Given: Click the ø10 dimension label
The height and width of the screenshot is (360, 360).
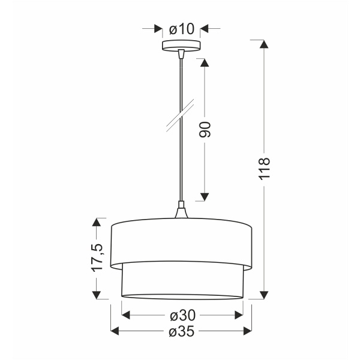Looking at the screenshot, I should click(182, 28).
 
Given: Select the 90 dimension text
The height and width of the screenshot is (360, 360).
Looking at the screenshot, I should click(205, 130).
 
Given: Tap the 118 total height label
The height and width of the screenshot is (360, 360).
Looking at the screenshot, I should click(265, 170).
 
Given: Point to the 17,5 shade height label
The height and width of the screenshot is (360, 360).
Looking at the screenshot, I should click(97, 256).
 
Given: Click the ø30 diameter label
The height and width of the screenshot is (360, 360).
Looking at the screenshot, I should click(182, 314).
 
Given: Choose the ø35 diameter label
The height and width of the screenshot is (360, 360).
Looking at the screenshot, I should click(182, 331).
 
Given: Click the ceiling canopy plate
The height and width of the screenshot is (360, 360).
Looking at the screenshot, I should click(181, 46).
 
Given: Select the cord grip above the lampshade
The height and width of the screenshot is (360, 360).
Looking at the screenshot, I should click(181, 211).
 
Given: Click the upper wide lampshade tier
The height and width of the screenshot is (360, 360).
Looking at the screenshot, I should click(182, 243).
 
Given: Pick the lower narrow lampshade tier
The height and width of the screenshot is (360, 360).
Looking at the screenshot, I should click(182, 281).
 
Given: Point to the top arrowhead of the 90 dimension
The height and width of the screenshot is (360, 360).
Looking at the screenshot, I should click(204, 63).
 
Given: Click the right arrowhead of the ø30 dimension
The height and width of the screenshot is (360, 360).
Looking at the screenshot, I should click(238, 314).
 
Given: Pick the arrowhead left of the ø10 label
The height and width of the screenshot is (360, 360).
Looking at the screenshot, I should click(158, 28).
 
